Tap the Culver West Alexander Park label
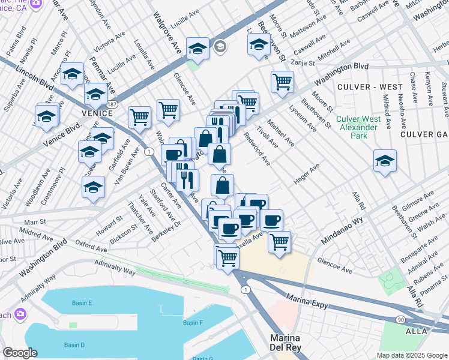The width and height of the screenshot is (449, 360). click(358, 127)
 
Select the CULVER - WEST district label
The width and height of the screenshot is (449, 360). click(369, 87)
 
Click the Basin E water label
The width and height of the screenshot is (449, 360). click(82, 303)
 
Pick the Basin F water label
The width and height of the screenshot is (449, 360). click(193, 323)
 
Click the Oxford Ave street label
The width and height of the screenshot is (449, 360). click(91, 247)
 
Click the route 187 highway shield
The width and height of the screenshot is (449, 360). click(112, 104)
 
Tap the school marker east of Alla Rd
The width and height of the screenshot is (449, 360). click(385, 161)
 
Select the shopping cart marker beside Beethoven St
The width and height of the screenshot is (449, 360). click(282, 82)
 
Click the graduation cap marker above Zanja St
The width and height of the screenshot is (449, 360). click(259, 44)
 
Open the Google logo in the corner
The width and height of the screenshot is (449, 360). click(20, 353)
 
